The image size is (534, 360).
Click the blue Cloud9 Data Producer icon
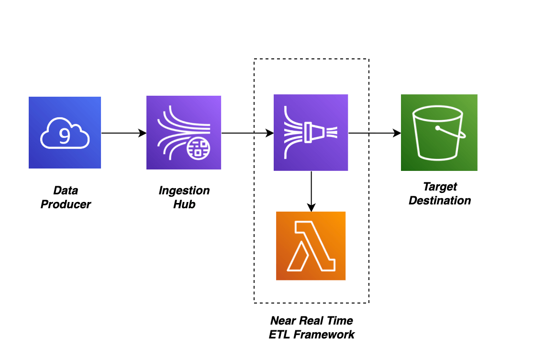(65, 133)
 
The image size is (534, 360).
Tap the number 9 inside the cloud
(64, 136)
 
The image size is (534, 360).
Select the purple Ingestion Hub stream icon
(184, 133)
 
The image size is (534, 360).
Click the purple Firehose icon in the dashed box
(311, 133)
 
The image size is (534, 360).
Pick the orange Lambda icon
(311, 246)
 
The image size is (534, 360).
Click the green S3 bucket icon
(439, 133)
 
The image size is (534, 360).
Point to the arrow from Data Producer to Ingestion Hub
(123, 133)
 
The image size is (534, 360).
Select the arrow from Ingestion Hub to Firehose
(247, 133)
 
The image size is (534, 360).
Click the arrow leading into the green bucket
(374, 133)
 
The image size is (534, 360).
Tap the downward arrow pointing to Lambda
(311, 191)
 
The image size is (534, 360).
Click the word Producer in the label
(66, 204)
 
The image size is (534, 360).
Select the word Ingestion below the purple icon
(184, 191)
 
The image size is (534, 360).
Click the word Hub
(184, 204)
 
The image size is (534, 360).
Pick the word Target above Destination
(440, 187)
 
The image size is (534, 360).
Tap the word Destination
(440, 201)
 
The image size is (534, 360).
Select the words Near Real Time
(311, 320)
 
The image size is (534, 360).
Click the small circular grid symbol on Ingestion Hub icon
(198, 147)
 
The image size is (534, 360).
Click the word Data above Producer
(66, 191)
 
